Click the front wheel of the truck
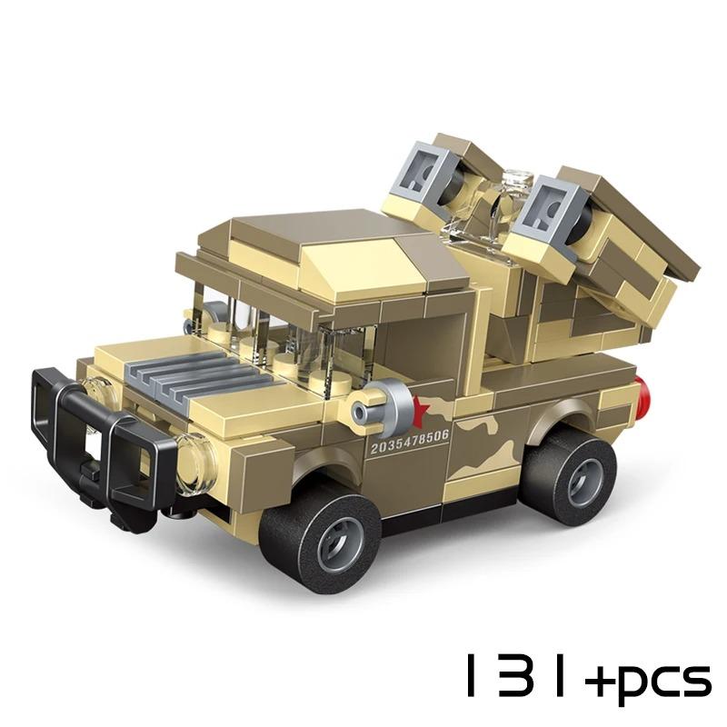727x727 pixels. [x=320, y=543]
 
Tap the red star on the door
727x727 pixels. [x=420, y=410]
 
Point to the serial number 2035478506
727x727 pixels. [x=410, y=441]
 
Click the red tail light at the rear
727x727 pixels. [x=642, y=393]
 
